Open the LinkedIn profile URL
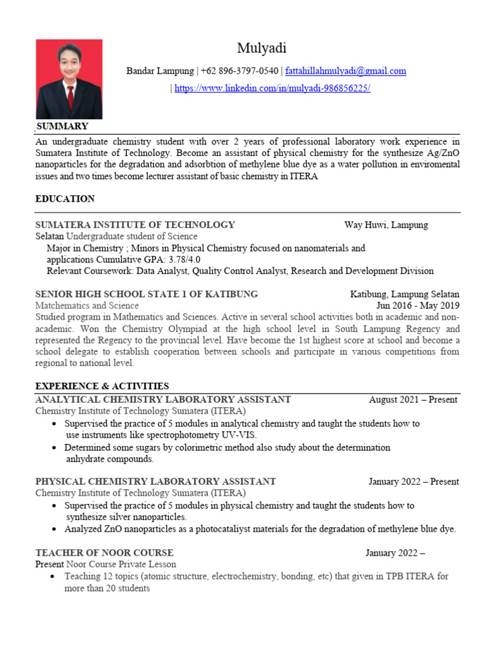pyautogui.click(x=272, y=88)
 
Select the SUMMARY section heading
pyautogui.click(x=62, y=126)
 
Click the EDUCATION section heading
pyautogui.click(x=65, y=199)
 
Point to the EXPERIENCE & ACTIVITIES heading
pyautogui.click(x=102, y=386)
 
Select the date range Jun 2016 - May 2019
pyautogui.click(x=418, y=306)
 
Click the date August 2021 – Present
pyautogui.click(x=413, y=400)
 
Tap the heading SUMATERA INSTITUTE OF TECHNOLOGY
pyautogui.click(x=135, y=225)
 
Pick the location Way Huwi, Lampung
pyautogui.click(x=385, y=225)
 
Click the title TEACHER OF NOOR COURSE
pyautogui.click(x=104, y=553)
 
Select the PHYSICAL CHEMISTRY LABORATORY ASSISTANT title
pyautogui.click(x=155, y=481)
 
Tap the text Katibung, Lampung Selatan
pyautogui.click(x=405, y=294)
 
